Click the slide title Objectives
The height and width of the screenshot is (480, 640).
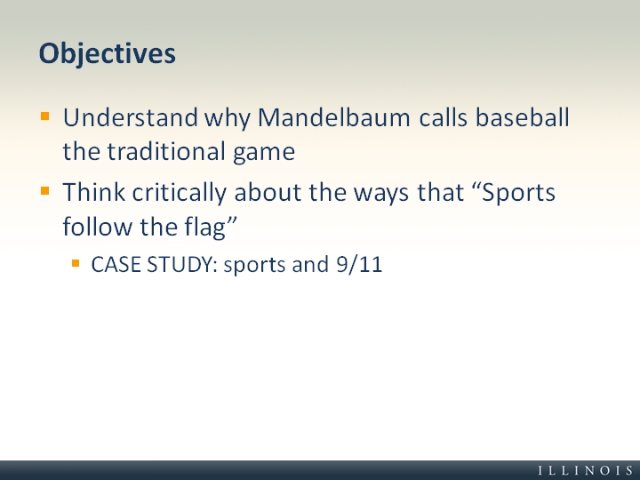click(x=108, y=54)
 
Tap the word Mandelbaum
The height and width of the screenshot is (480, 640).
click(x=334, y=117)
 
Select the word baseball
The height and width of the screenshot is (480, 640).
click(x=523, y=117)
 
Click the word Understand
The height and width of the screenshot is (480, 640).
click(x=131, y=117)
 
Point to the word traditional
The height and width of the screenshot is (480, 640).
click(x=166, y=151)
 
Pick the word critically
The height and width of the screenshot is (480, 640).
click(x=180, y=193)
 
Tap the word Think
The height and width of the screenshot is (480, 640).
click(x=94, y=192)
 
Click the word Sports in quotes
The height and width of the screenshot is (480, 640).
click(x=518, y=193)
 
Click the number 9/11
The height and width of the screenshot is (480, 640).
click(x=359, y=265)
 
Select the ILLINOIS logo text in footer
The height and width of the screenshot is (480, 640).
click(x=586, y=470)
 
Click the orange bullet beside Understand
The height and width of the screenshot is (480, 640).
click(x=45, y=116)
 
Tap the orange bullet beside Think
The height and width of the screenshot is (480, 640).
click(x=45, y=191)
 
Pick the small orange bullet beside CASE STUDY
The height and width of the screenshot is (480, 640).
click(x=76, y=263)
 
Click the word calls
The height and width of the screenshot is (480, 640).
click(x=444, y=117)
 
